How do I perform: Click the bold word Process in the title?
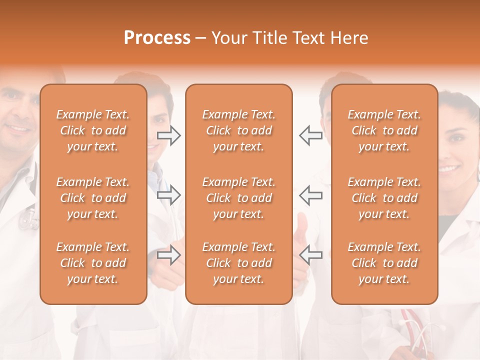pos(157,38)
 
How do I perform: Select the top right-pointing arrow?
pos(168,135)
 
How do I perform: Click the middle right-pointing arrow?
pos(168,194)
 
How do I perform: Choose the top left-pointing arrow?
pos(310,135)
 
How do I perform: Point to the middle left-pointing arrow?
pos(310,194)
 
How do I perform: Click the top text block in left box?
pos(93,130)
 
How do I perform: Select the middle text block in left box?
pos(93,198)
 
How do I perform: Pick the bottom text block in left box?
pos(93,263)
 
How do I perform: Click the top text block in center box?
pos(238,130)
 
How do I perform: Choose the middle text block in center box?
pos(238,198)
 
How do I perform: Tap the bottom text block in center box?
pos(238,263)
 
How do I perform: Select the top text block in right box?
pos(384,130)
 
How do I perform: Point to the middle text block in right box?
pos(384,198)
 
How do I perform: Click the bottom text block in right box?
pos(384,263)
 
